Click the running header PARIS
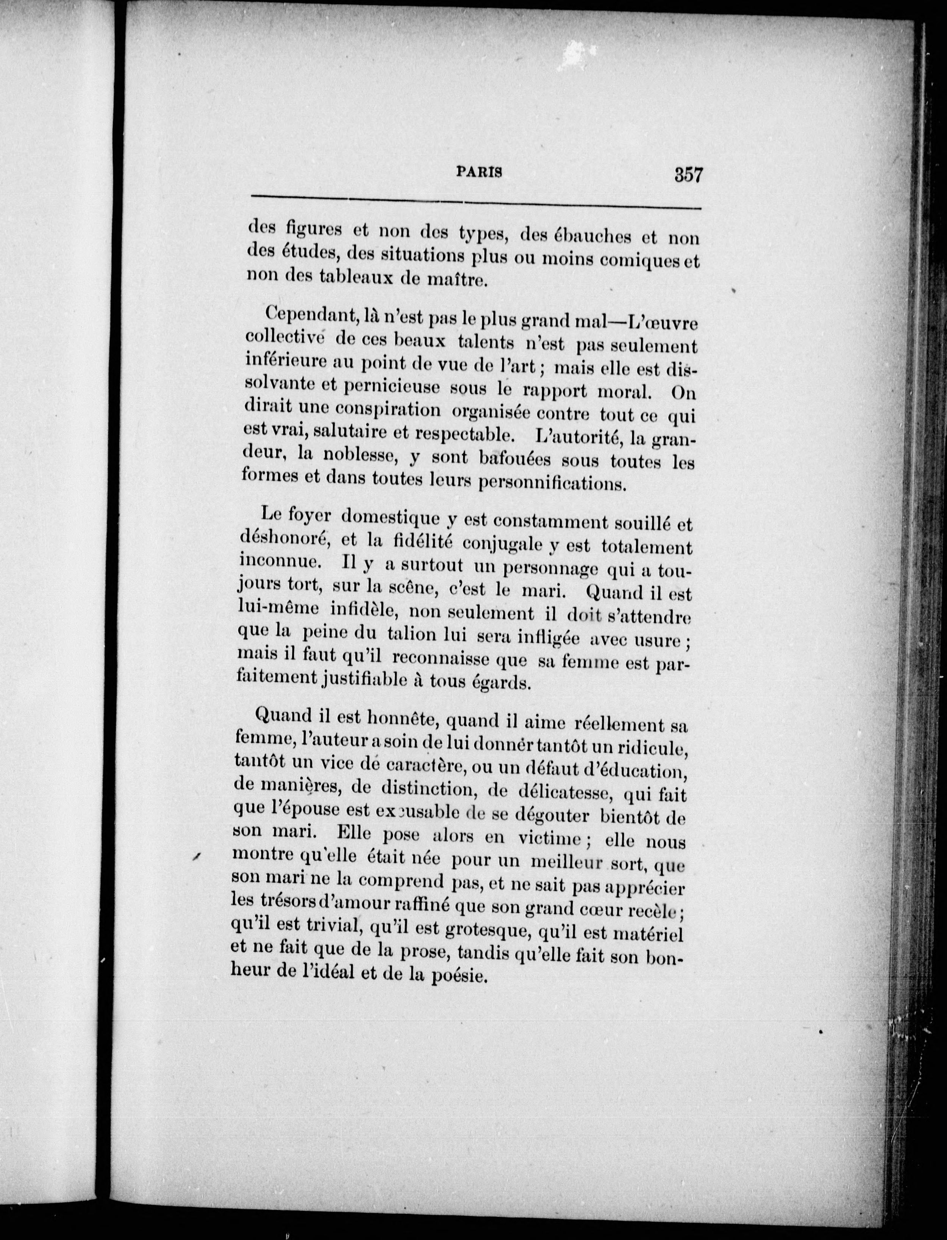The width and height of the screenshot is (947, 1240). tap(478, 172)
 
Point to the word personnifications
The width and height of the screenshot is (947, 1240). tap(552, 483)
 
